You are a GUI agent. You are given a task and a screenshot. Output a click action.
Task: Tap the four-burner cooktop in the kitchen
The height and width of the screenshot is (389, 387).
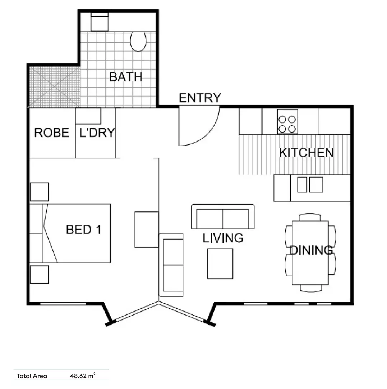tap(287, 122)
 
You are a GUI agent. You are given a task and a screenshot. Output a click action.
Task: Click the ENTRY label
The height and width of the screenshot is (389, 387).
tap(200, 98)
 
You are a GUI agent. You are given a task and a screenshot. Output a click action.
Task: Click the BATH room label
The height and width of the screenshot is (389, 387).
tap(126, 77)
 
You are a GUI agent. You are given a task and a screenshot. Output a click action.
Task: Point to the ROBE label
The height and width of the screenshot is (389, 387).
tap(52, 133)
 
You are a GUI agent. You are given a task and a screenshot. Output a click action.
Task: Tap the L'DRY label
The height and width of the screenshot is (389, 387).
tap(97, 133)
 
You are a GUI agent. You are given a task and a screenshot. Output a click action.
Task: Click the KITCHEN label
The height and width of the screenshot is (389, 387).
tap(307, 153)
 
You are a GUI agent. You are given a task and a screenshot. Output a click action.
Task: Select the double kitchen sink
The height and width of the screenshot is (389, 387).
tap(310, 184)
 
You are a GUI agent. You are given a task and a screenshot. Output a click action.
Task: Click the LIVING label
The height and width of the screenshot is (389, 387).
tap(223, 238)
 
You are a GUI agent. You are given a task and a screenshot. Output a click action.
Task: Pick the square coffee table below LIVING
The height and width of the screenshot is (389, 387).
tap(220, 264)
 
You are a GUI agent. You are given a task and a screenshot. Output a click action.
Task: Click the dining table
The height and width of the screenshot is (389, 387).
tap(310, 252)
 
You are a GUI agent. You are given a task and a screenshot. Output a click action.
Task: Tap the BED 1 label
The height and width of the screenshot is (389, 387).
tap(84, 230)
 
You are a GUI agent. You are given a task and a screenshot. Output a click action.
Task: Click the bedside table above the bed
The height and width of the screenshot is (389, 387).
tap(39, 192)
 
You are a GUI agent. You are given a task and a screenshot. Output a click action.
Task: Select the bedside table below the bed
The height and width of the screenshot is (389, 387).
tap(39, 274)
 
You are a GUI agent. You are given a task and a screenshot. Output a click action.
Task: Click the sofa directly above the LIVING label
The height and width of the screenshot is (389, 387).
tap(223, 216)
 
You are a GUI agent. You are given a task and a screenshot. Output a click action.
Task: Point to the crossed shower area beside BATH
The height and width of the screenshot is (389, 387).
tap(55, 87)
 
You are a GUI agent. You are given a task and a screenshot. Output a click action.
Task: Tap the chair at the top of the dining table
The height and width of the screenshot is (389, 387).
tap(310, 217)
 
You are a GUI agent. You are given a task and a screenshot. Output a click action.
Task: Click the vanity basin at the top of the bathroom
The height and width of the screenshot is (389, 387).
tap(100, 22)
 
